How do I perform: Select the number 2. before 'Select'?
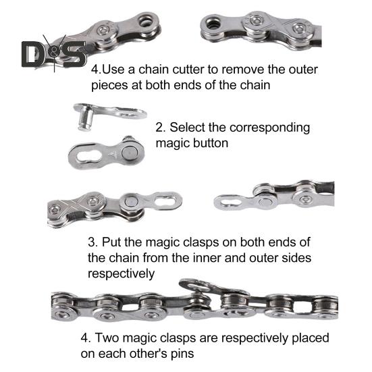160,128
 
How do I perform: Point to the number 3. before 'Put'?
94,242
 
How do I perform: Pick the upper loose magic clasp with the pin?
108,113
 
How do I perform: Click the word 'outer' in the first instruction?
302,70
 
